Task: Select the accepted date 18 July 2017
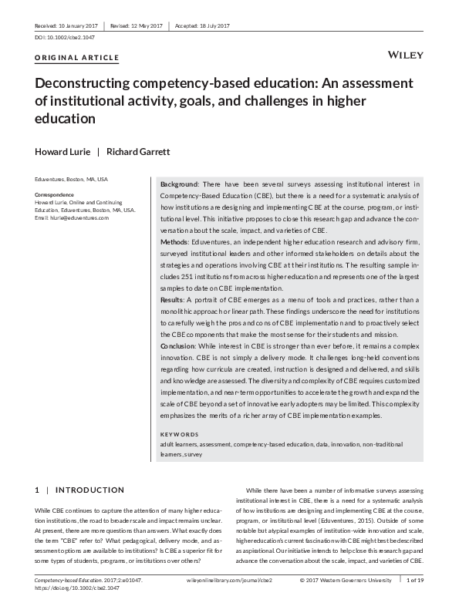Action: tap(203, 26)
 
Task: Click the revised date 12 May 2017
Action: tap(134, 26)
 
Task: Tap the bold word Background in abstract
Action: tap(179, 184)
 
